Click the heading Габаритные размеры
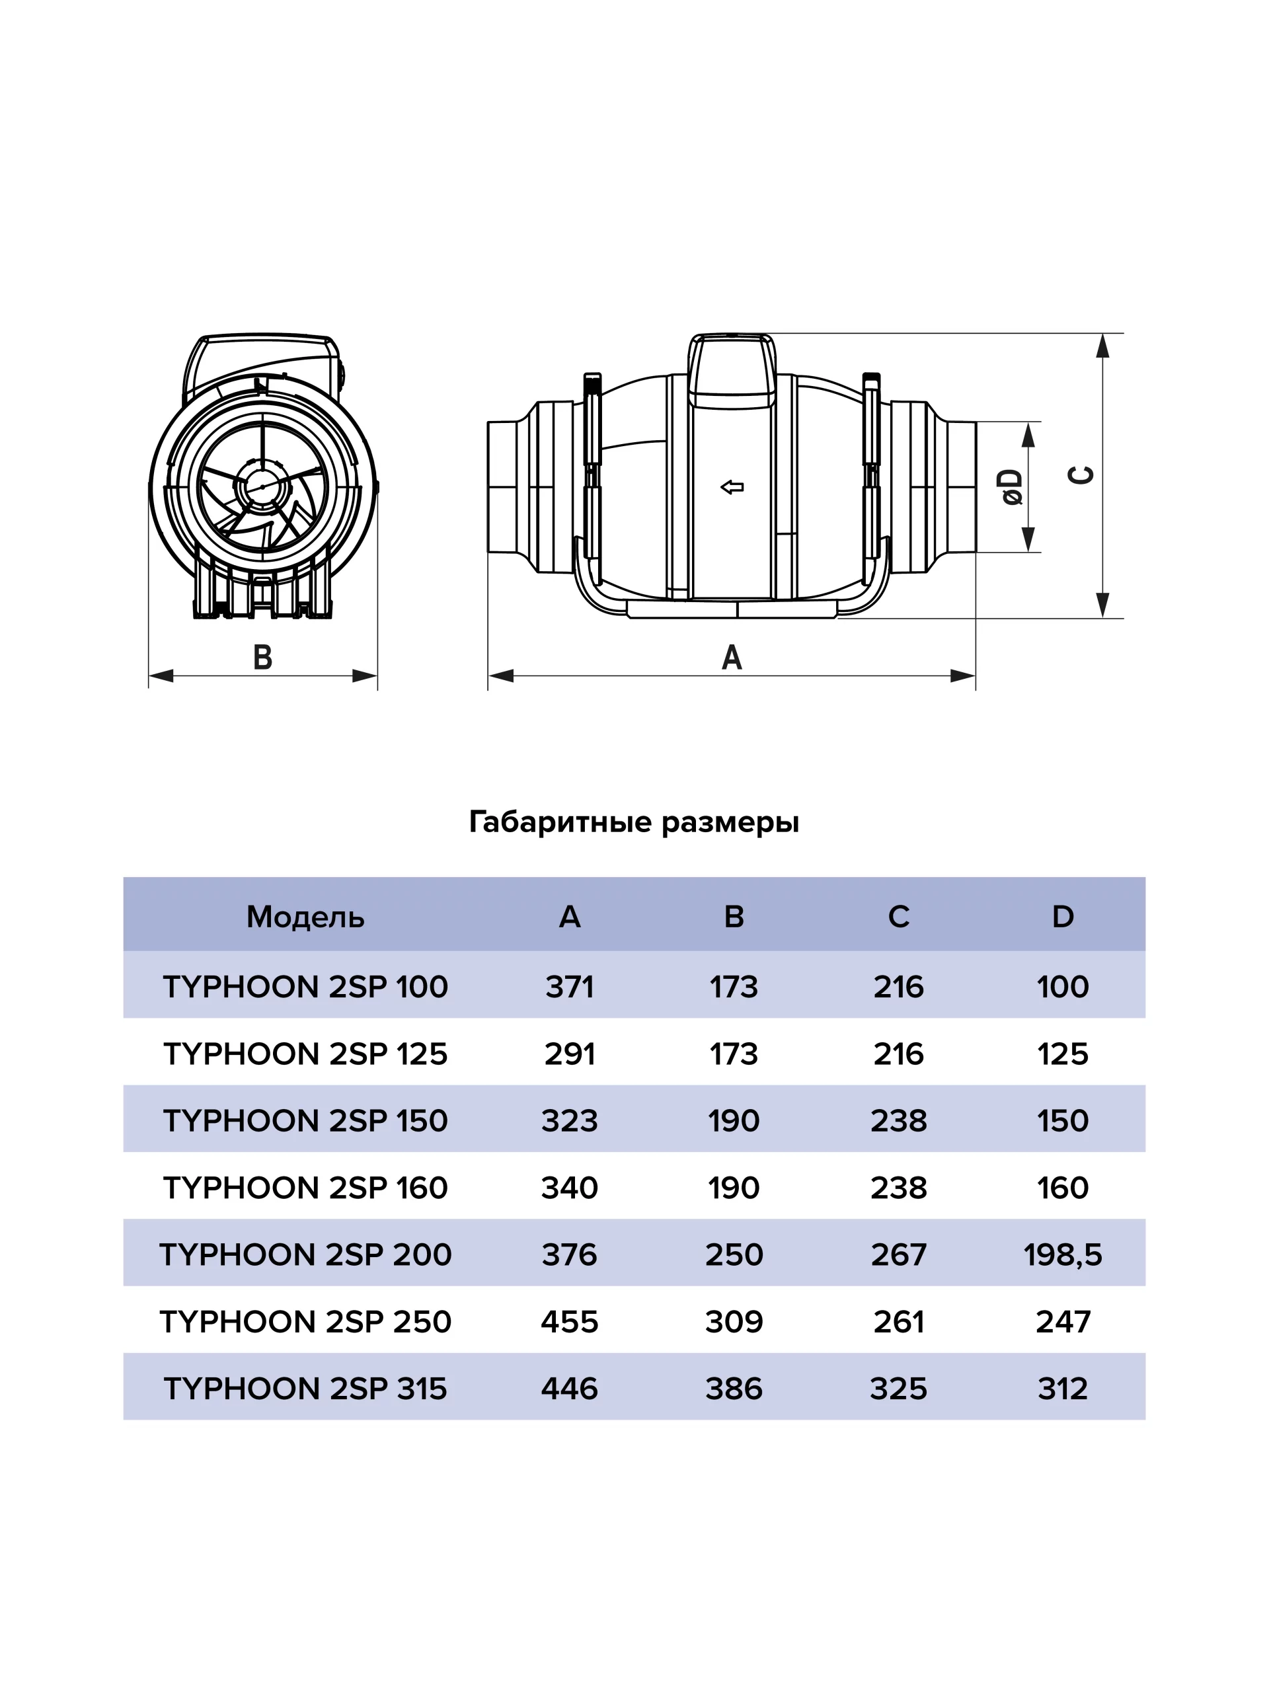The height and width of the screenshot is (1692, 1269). click(x=633, y=822)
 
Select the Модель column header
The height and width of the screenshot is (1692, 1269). click(x=305, y=916)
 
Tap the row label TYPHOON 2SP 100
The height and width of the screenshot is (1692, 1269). click(x=305, y=987)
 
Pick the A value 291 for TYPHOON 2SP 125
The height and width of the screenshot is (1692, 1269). click(x=569, y=1054)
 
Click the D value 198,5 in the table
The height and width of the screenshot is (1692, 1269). click(x=1063, y=1254)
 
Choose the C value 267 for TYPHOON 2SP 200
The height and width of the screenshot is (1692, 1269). click(x=898, y=1254)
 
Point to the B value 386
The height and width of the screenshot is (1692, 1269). click(x=734, y=1389)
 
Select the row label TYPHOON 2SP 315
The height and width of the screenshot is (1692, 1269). click(x=305, y=1389)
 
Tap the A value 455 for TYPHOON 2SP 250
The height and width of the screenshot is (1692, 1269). click(x=569, y=1322)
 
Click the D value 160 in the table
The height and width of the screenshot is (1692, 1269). click(x=1063, y=1188)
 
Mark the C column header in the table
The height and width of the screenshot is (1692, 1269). click(x=898, y=916)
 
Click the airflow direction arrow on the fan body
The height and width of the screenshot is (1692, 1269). click(x=732, y=487)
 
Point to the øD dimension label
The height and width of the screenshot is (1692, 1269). click(x=1011, y=487)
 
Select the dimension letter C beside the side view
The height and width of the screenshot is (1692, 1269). click(x=1080, y=475)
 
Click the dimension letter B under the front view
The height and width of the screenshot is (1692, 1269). click(x=262, y=657)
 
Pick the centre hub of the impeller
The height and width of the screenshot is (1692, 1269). click(x=262, y=486)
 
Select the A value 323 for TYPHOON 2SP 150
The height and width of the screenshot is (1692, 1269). click(x=569, y=1120)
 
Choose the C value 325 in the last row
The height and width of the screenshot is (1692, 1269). click(x=898, y=1389)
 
